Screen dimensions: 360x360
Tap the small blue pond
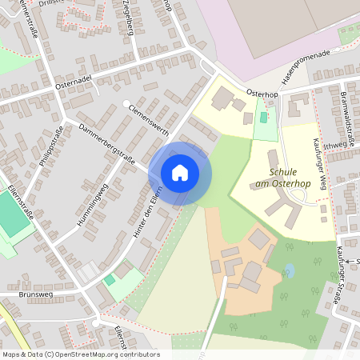tap(290, 271)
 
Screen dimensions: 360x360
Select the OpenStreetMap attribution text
tap(80, 354)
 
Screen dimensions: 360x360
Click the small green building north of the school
tap(263, 118)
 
